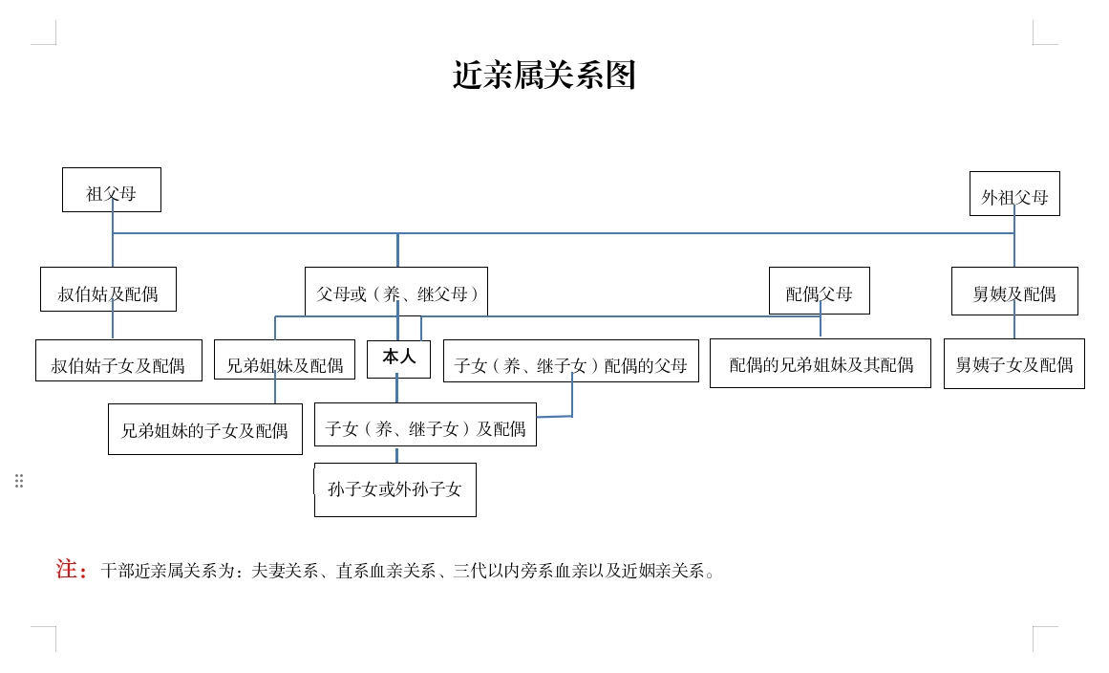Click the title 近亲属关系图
(x=544, y=75)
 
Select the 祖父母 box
(x=112, y=189)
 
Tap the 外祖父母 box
(x=1014, y=193)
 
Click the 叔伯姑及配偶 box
(x=108, y=290)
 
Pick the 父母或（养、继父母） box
(x=396, y=291)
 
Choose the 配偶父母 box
(x=819, y=291)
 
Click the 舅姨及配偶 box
(x=1014, y=291)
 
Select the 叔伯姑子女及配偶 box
(x=118, y=360)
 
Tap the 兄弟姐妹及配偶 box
(x=285, y=359)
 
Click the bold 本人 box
(x=399, y=358)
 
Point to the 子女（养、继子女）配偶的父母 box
(x=571, y=361)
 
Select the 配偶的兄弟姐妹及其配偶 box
(x=821, y=363)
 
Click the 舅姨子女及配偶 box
(x=1014, y=364)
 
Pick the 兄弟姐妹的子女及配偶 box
(x=205, y=429)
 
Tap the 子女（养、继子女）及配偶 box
(x=425, y=424)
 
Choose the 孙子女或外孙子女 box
(x=395, y=489)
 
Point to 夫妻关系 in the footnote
(x=285, y=571)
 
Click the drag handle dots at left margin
(x=19, y=481)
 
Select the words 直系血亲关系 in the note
(x=386, y=571)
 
